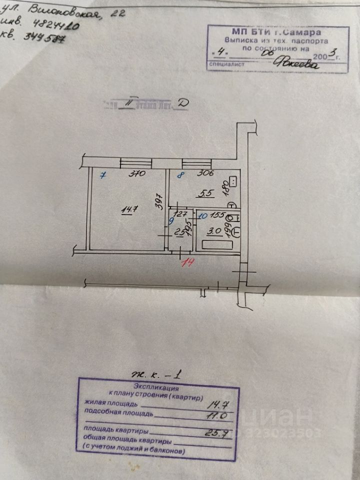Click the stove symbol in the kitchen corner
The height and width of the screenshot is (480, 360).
232,181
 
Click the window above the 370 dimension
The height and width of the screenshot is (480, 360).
136,163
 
